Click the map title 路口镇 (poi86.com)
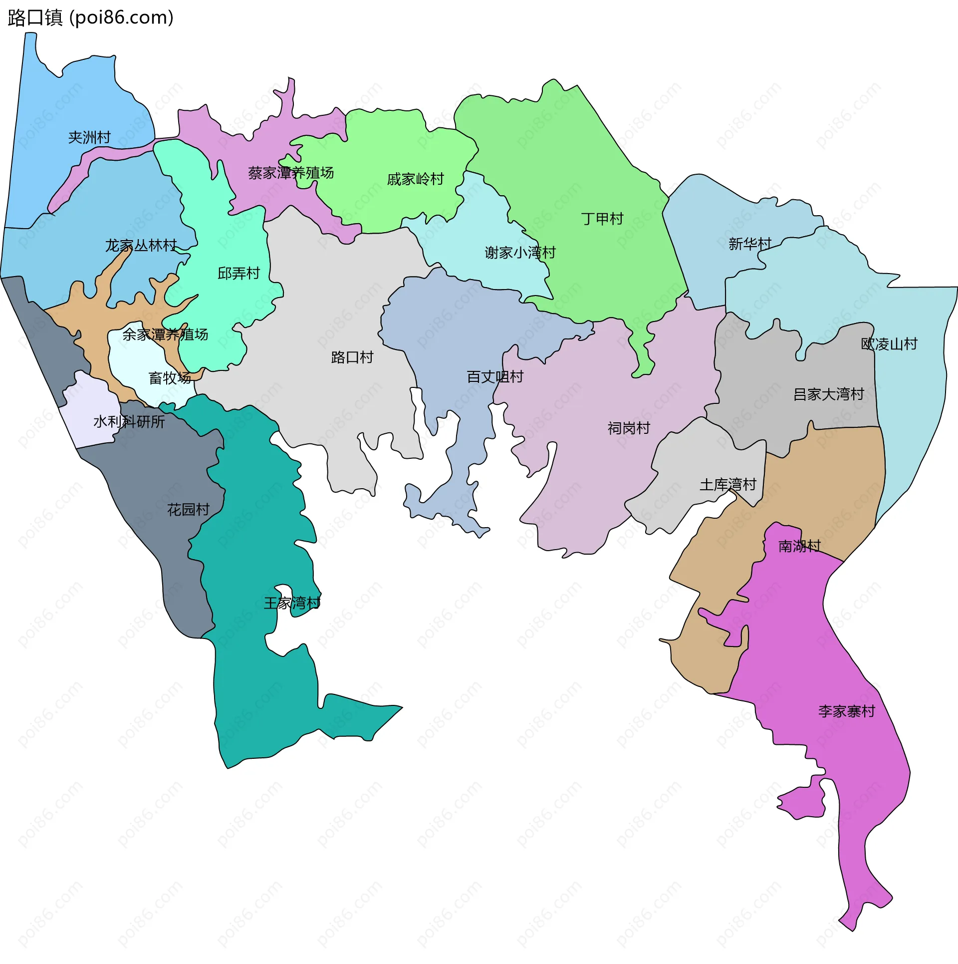[x=90, y=17]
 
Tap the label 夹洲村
[x=89, y=137]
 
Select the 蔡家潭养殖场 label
[x=291, y=173]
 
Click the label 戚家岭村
[x=415, y=179]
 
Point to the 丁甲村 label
[x=602, y=219]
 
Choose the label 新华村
[x=749, y=244]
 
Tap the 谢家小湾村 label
[x=520, y=253]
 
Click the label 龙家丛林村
[x=141, y=246]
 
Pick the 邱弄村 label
[x=239, y=273]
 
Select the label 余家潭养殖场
[x=165, y=334]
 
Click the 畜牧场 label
[x=170, y=378]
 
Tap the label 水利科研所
[x=129, y=422]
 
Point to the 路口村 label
[x=352, y=357]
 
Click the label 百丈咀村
[x=495, y=377]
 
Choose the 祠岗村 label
[x=629, y=428]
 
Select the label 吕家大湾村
[x=828, y=394]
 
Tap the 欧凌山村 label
[x=889, y=344]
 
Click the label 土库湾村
[x=727, y=485]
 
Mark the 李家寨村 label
[x=846, y=711]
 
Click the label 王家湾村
[x=292, y=603]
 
